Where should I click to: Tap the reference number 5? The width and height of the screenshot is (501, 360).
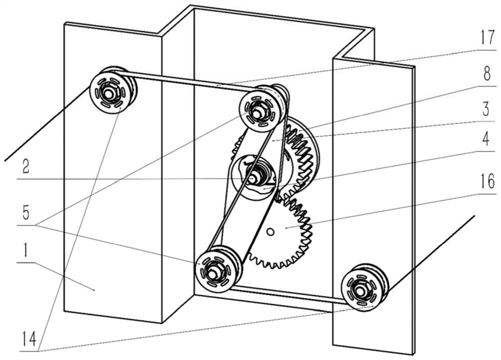tap(26, 213)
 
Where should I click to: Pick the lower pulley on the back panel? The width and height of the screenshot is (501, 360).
tap(216, 269)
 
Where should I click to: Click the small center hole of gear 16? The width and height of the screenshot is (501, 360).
tap(270, 232)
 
